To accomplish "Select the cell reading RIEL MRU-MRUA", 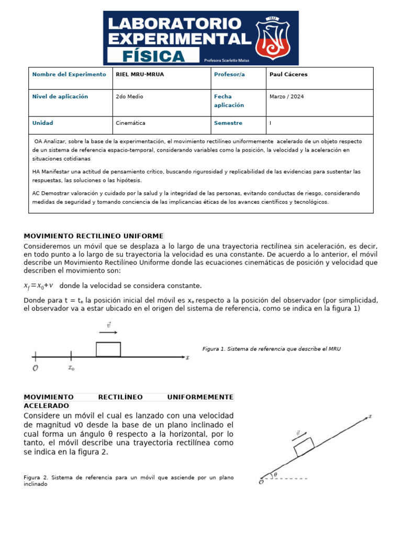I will [140, 75].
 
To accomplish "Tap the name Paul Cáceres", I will [288, 75].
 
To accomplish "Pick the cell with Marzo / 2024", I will [286, 97].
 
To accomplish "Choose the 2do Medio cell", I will [129, 97].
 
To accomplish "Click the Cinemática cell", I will [130, 123].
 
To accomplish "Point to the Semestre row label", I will [228, 123].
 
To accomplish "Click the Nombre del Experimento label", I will [69, 75].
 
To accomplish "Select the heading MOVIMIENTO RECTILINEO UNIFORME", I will [94, 236].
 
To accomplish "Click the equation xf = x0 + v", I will [39, 285].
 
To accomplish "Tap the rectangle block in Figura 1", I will [108, 349].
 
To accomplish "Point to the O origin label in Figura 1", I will [35, 368].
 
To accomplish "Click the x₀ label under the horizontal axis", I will [71, 368].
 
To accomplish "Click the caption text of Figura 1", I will [271, 349].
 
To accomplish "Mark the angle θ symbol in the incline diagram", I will [275, 474].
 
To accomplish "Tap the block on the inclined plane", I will [304, 447].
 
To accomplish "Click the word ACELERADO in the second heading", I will [46, 405].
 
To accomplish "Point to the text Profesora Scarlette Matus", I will [226, 60].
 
